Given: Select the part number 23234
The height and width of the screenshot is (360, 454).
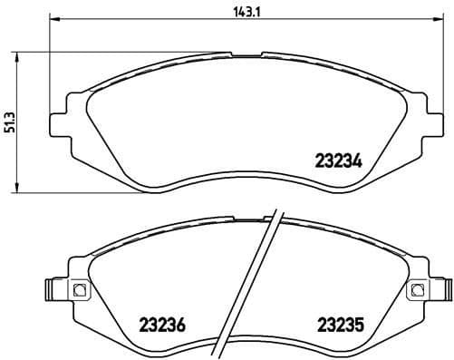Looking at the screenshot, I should tap(338, 163).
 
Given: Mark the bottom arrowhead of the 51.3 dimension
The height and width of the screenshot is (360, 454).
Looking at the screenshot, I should tap(21, 188).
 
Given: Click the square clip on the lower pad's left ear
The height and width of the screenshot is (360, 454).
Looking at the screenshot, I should tap(77, 291).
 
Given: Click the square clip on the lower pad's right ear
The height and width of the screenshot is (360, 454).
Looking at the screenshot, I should tap(417, 291).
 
